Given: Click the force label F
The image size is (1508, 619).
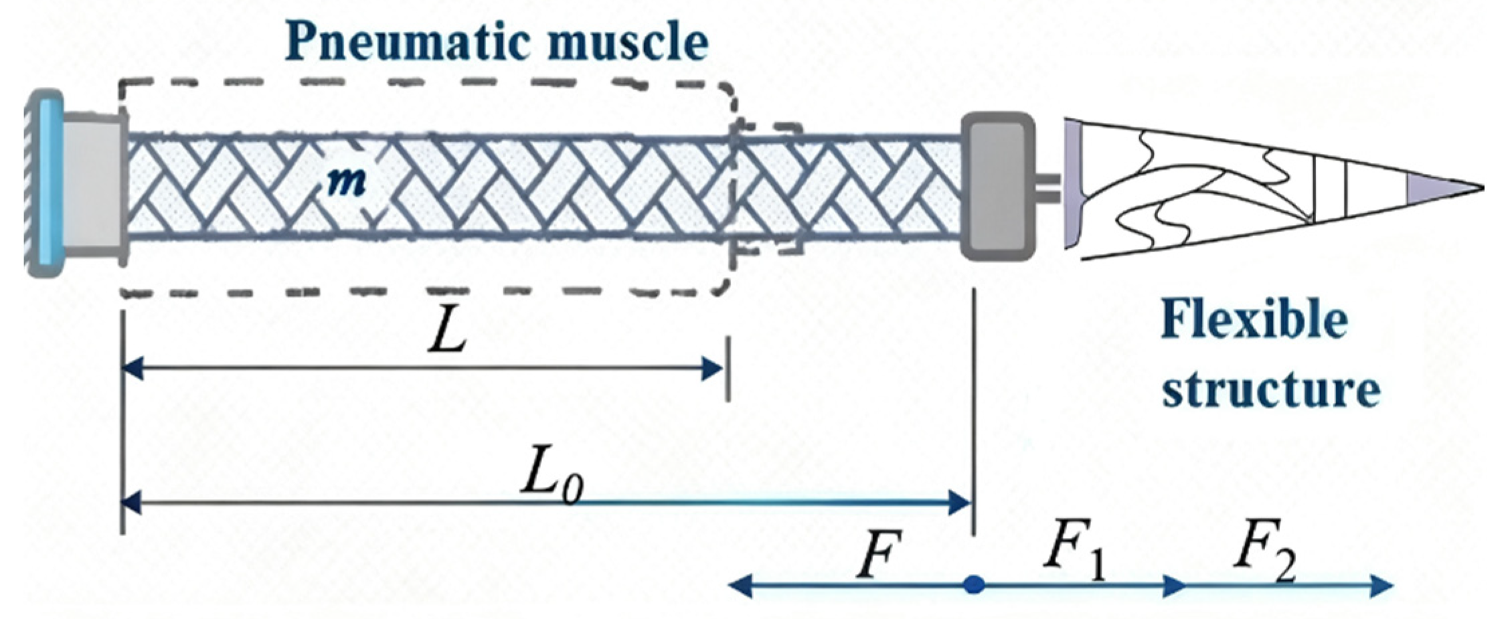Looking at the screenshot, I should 878,555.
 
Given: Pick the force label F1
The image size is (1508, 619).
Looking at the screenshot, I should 1075,555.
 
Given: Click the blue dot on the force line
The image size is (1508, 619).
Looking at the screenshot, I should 974,585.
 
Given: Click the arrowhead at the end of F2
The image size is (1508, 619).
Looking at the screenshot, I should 1380,586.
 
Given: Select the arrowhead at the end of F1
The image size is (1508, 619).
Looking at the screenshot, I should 1173,586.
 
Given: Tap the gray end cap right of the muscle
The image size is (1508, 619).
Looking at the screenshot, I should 997,186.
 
